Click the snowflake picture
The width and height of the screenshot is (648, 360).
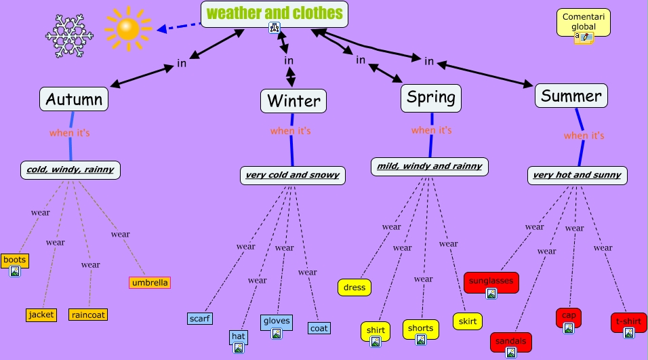68,32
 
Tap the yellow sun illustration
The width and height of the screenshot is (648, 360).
127,28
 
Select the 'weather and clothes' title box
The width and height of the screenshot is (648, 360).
274,13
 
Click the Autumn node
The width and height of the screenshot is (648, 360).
74,100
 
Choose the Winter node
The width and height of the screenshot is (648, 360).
293,101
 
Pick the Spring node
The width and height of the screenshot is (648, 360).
430,98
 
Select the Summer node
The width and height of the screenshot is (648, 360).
571,96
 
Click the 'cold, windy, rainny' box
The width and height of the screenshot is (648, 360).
70,169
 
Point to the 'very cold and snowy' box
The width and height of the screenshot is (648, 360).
292,175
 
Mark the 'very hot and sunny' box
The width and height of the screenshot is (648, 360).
577,175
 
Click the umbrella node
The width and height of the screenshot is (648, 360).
150,282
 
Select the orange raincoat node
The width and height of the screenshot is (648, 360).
88,315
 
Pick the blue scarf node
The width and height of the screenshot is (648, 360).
200,318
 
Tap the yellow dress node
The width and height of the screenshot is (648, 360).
355,287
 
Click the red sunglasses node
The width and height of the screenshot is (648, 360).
491,280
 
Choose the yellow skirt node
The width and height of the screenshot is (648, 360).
468,321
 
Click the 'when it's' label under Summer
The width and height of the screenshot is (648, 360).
584,136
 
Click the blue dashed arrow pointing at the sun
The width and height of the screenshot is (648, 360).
179,27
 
